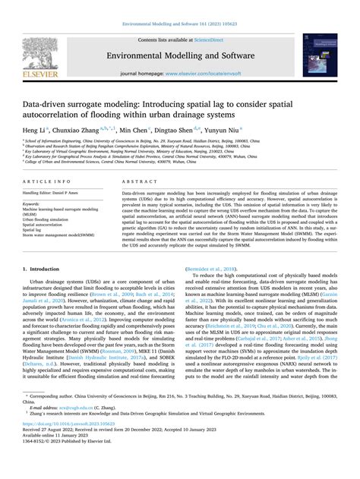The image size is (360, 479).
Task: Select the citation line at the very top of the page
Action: [x=180, y=24]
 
